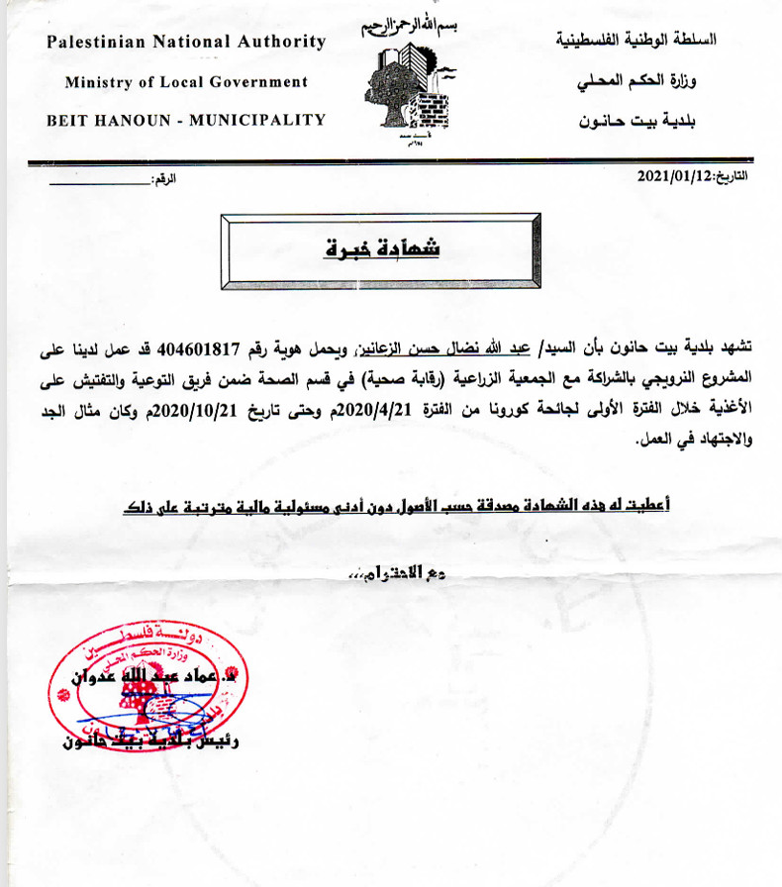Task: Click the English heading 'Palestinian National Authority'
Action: (186, 42)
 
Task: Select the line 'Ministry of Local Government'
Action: (186, 82)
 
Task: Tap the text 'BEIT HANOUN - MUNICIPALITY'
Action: (186, 120)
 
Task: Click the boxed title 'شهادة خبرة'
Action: (382, 248)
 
